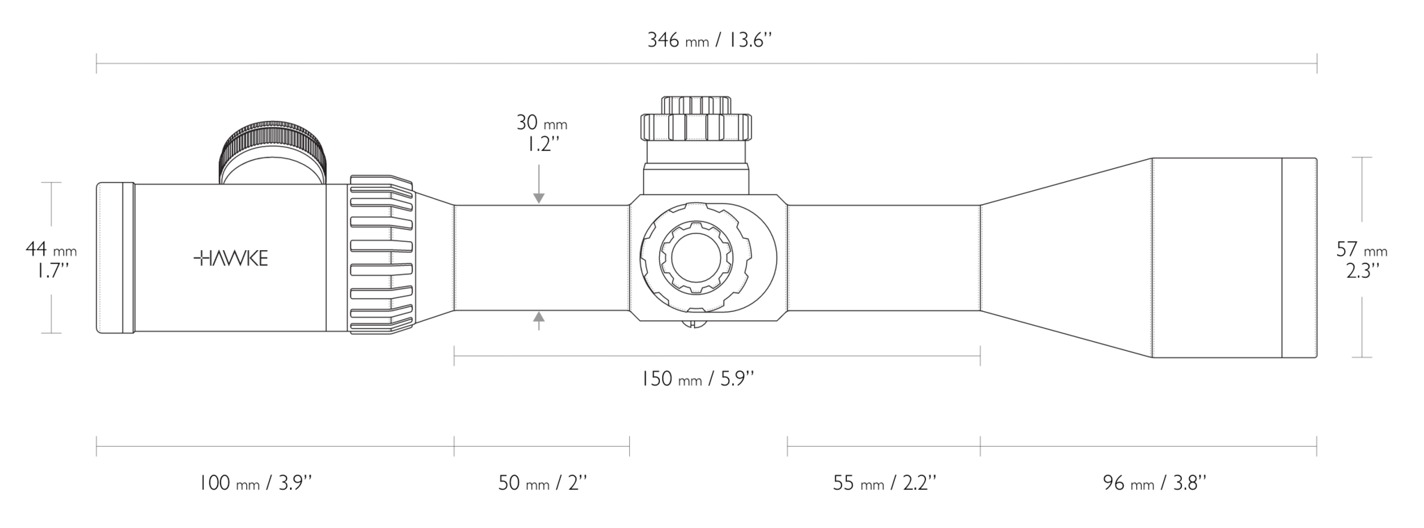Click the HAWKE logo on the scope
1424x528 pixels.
click(x=230, y=258)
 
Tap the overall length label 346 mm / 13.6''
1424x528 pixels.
click(x=710, y=40)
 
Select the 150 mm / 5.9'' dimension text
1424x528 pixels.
click(x=697, y=379)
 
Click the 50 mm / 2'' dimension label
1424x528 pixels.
click(x=543, y=483)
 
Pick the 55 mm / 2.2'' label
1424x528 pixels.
click(x=884, y=483)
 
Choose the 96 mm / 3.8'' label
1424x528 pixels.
click(x=1155, y=483)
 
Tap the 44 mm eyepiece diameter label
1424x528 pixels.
click(x=51, y=258)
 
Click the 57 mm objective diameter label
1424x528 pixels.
click(x=1361, y=258)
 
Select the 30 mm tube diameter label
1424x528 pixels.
click(x=542, y=132)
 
